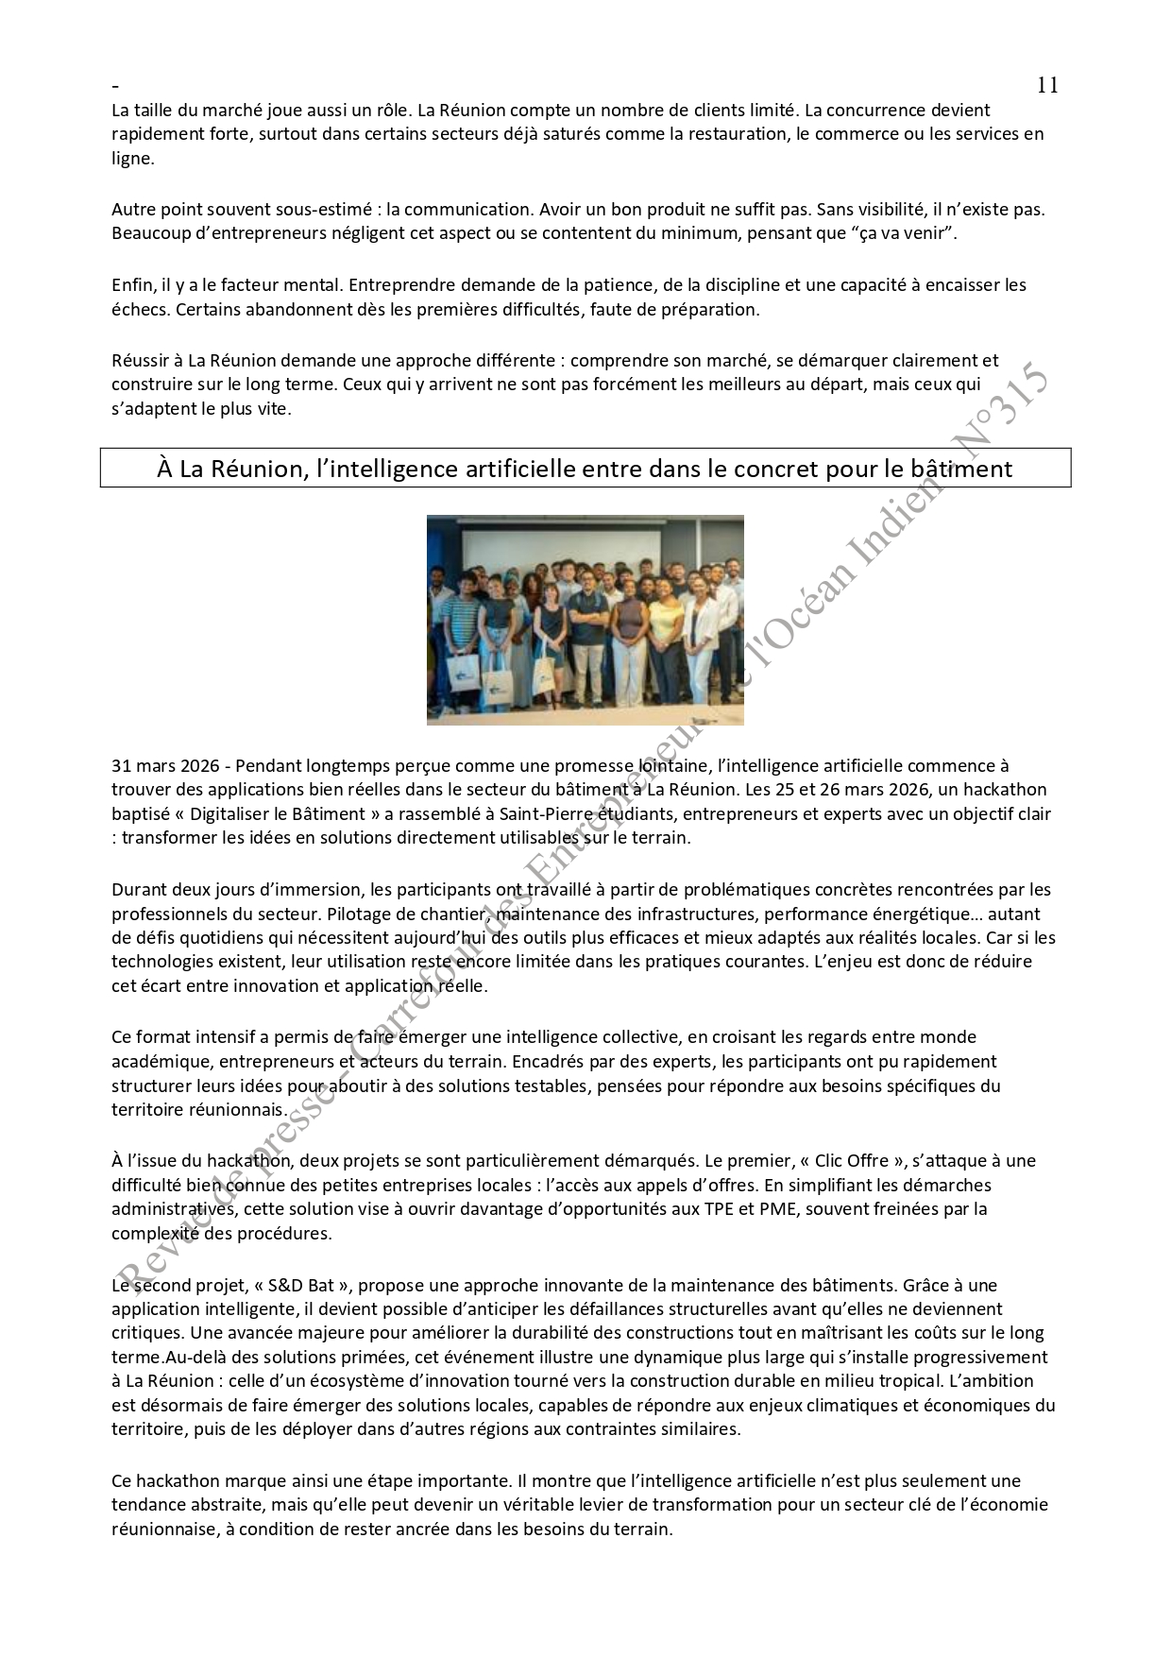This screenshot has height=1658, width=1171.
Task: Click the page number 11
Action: click(x=1047, y=85)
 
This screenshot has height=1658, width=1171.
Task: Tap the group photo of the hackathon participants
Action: click(x=585, y=620)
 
